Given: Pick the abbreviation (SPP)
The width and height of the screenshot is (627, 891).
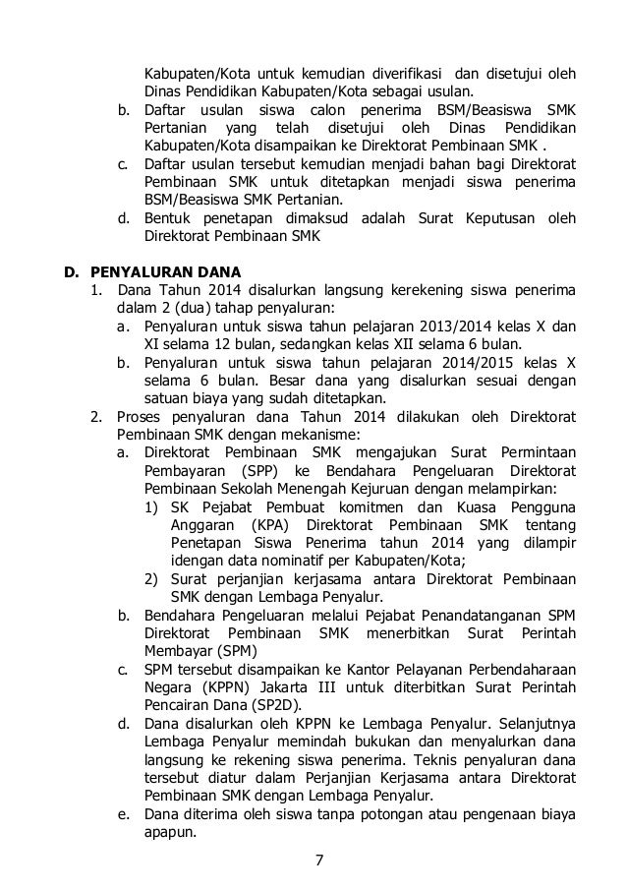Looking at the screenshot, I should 251,470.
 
